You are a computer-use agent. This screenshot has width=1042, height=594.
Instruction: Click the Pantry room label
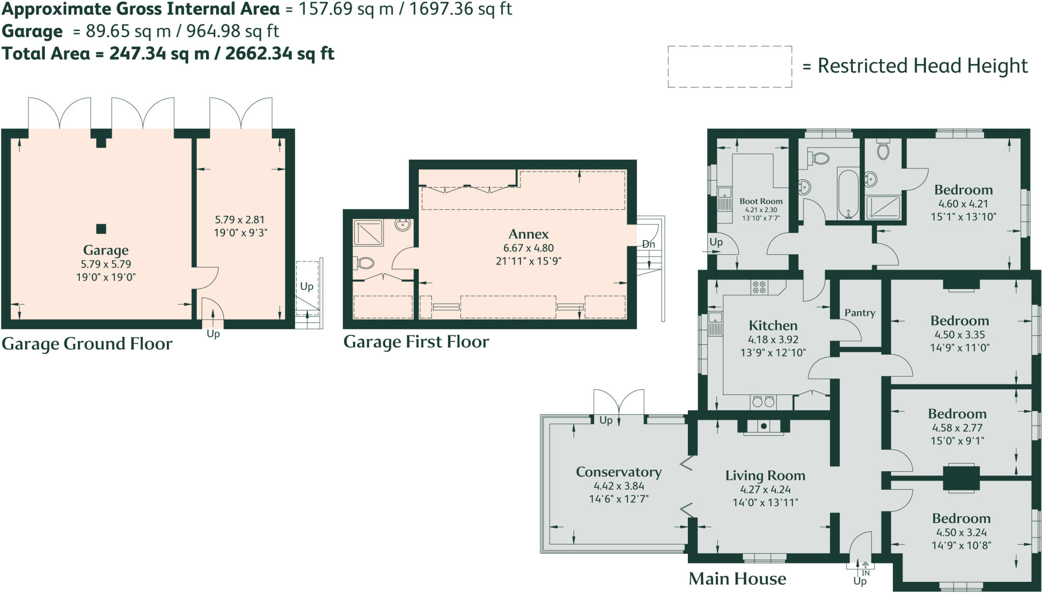[x=860, y=313]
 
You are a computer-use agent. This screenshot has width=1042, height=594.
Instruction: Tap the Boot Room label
[x=761, y=201]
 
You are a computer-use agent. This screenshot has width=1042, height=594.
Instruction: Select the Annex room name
[x=529, y=234]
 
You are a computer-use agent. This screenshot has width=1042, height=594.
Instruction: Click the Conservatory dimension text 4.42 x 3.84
[x=619, y=486]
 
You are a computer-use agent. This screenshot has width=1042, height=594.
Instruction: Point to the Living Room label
[x=765, y=475]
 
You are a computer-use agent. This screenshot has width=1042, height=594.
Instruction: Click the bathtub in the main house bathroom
[x=848, y=193]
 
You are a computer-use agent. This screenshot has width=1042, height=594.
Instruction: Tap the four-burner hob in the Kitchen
[x=759, y=288]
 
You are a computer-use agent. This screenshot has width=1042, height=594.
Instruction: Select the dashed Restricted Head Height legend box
[x=730, y=67]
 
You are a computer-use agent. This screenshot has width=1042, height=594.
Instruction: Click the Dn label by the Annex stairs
[x=648, y=244]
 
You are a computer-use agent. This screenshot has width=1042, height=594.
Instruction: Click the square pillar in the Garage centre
[x=101, y=229]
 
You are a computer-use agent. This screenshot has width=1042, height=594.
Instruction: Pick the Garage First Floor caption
[x=416, y=342]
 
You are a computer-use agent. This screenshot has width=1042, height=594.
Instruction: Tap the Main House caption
[x=737, y=579]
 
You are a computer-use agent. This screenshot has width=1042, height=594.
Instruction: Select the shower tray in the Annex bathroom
[x=368, y=233]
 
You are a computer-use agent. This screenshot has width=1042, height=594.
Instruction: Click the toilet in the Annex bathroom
[x=365, y=263]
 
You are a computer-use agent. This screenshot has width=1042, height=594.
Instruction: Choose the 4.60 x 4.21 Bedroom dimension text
[x=963, y=204]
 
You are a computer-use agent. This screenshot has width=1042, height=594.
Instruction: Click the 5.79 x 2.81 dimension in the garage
[x=240, y=220]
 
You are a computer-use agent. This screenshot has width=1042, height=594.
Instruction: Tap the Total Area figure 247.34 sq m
[x=159, y=53]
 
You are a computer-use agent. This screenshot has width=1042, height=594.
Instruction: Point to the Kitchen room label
[x=772, y=325]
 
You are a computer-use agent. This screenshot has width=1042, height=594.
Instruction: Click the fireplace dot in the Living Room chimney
[x=764, y=426]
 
